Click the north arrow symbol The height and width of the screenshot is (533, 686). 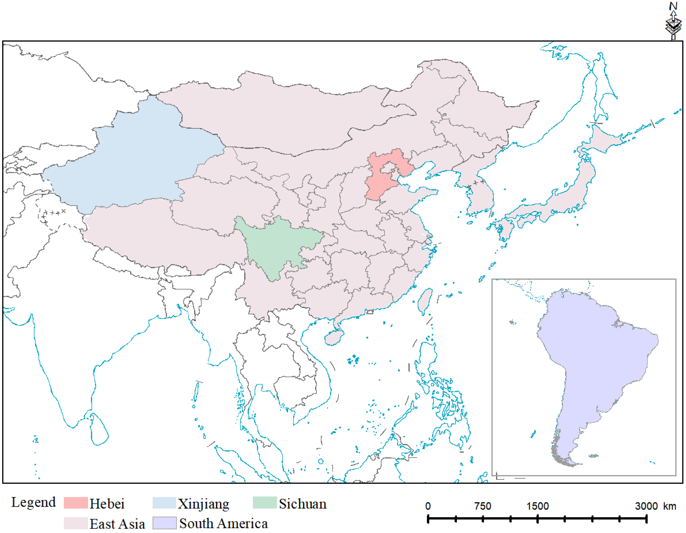[x=673, y=21]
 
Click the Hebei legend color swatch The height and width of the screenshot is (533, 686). [x=76, y=503]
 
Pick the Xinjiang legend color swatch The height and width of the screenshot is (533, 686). [x=164, y=503]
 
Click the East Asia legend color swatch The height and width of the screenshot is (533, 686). [x=76, y=523]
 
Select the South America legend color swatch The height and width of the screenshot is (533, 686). [x=164, y=523]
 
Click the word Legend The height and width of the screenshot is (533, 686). [x=34, y=502]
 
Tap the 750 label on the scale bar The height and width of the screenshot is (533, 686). [x=482, y=506]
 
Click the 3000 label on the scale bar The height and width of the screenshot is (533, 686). [x=646, y=506]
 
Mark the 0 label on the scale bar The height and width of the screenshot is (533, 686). [x=428, y=506]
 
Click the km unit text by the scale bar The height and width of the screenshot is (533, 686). [x=669, y=506]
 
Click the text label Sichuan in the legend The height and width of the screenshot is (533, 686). [x=303, y=504]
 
